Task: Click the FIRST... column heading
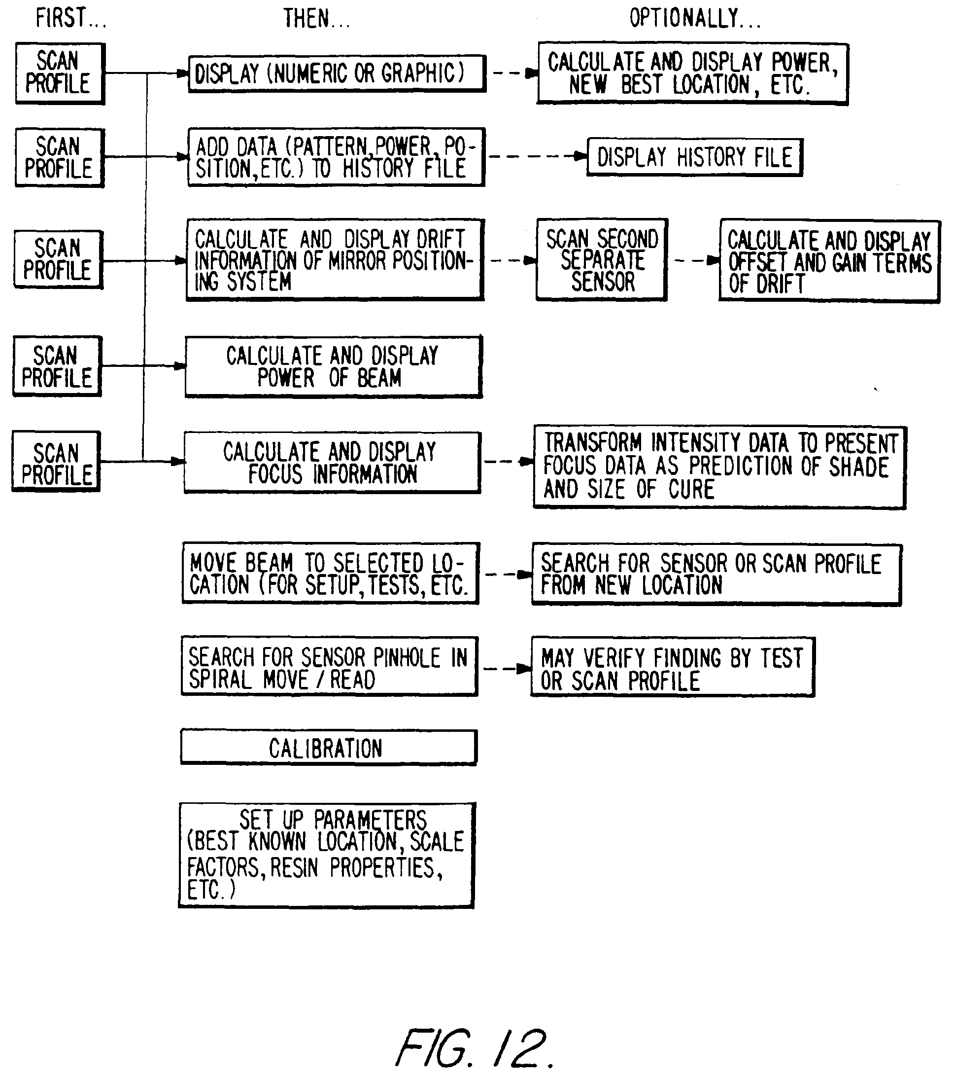(70, 18)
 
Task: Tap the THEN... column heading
(316, 19)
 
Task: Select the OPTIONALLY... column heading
(695, 18)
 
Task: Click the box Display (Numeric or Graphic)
(337, 73)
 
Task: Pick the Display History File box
(695, 157)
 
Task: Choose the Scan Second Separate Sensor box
(602, 260)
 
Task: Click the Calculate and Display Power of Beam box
(333, 366)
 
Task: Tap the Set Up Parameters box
(327, 855)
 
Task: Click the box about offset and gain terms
(829, 261)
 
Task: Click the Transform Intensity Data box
(719, 467)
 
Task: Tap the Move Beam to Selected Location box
(330, 574)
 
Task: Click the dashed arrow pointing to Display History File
(536, 156)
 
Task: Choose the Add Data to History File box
(336, 157)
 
